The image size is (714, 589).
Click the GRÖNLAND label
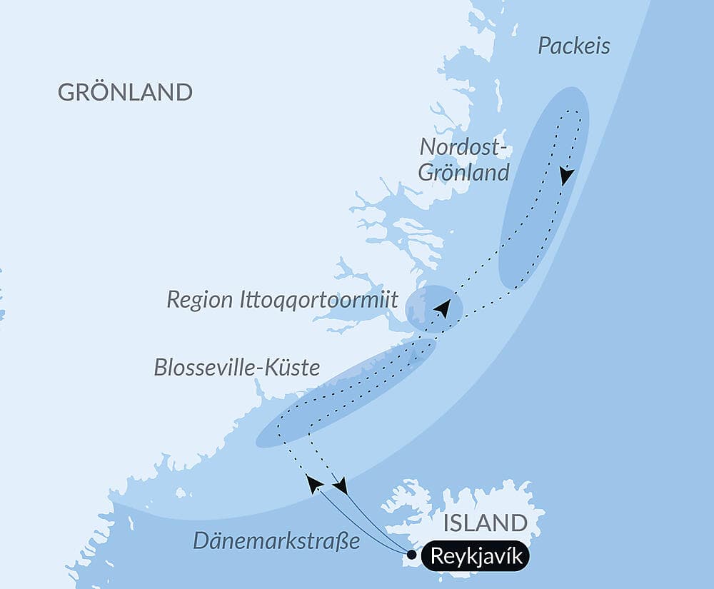click(x=125, y=92)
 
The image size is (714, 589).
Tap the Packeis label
click(x=573, y=46)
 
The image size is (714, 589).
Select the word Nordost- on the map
click(x=463, y=146)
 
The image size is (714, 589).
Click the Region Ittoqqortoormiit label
click(x=282, y=300)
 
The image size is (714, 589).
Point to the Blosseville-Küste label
click(x=236, y=368)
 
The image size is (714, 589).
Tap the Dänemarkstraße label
click(x=276, y=541)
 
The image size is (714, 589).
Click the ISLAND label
click(x=485, y=523)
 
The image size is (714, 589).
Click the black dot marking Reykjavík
click(x=411, y=554)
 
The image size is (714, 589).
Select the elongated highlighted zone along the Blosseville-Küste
click(x=346, y=393)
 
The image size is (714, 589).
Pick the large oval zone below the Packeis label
click(x=544, y=188)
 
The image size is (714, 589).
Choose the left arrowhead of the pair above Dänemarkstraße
click(x=313, y=483)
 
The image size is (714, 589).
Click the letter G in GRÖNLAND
click(x=66, y=93)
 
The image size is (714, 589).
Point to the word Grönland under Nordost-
click(x=463, y=172)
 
